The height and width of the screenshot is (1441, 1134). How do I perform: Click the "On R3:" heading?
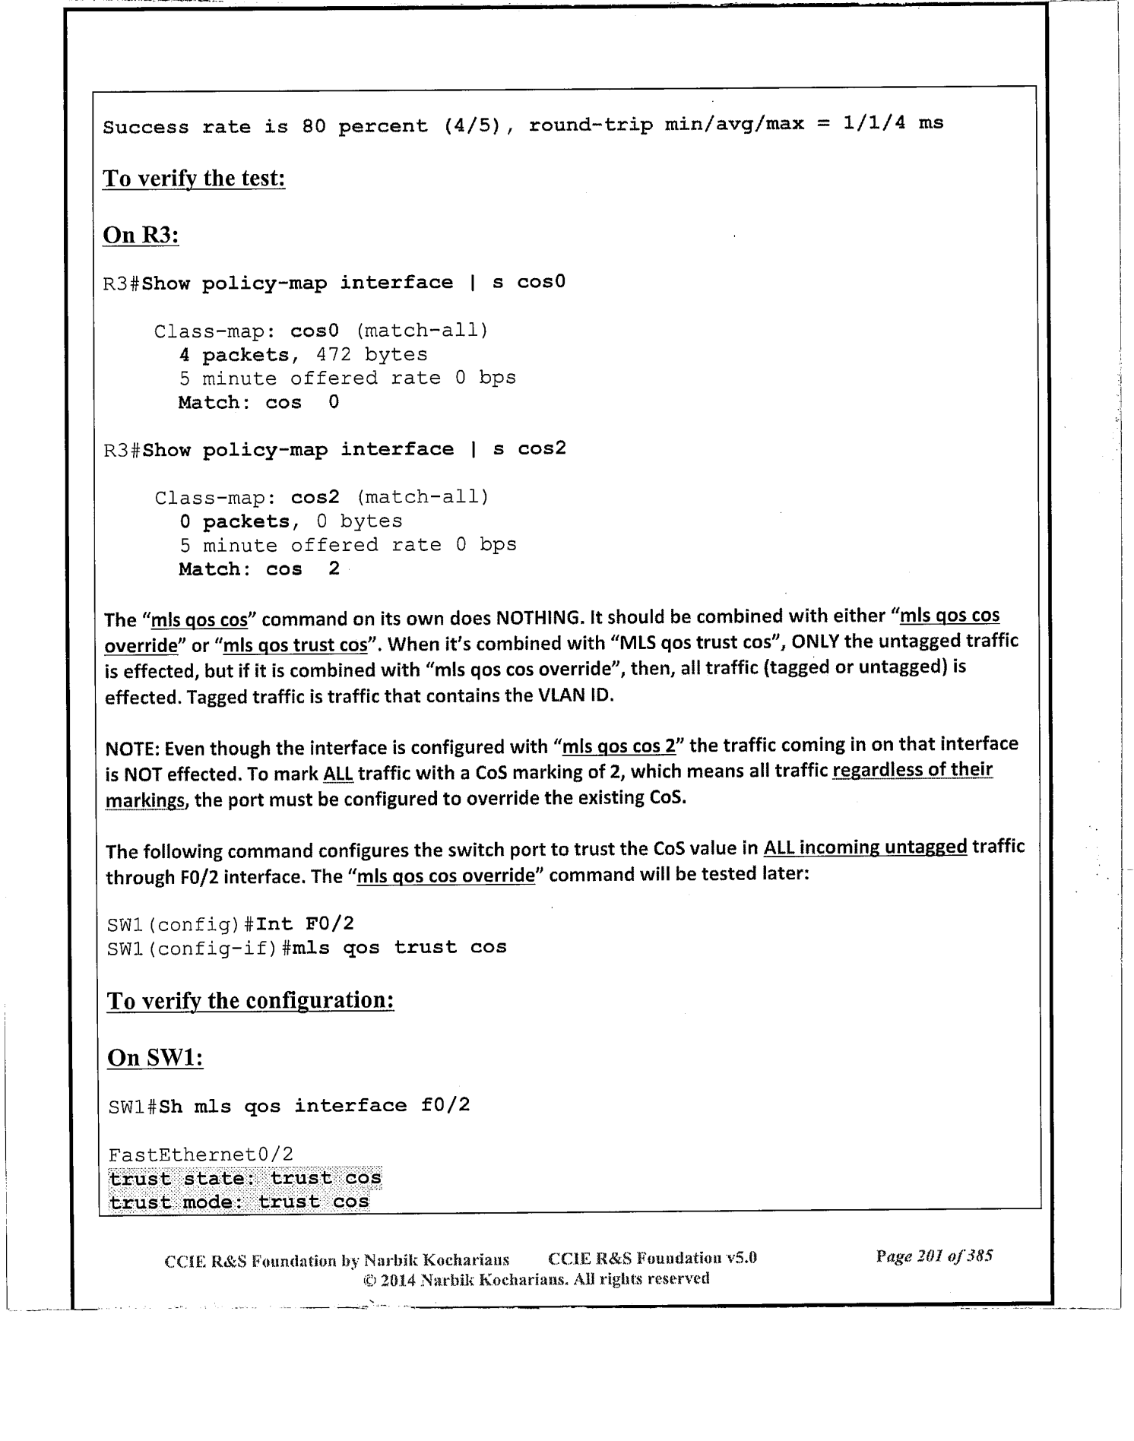pyautogui.click(x=141, y=235)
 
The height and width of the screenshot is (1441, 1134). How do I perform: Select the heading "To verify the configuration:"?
pyautogui.click(x=251, y=1000)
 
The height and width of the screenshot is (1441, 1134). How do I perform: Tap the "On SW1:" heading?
pyautogui.click(x=155, y=1057)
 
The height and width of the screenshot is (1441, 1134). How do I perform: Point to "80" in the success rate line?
pyautogui.click(x=313, y=126)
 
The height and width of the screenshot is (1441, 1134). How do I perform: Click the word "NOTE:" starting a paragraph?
pyautogui.click(x=132, y=748)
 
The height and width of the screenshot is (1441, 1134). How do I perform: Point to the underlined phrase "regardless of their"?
pyautogui.click(x=913, y=770)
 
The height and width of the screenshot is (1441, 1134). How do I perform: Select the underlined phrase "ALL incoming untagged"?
pyautogui.click(x=865, y=847)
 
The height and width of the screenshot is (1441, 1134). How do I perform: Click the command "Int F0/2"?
pyautogui.click(x=306, y=924)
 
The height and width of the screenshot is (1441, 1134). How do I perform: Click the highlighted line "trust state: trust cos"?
pyautogui.click(x=245, y=1178)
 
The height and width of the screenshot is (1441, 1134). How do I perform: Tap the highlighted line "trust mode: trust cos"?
pyautogui.click(x=239, y=1202)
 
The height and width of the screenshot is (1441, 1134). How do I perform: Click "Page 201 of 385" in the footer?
pyautogui.click(x=934, y=1256)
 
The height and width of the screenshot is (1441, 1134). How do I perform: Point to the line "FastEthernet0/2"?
pyautogui.click(x=201, y=1155)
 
